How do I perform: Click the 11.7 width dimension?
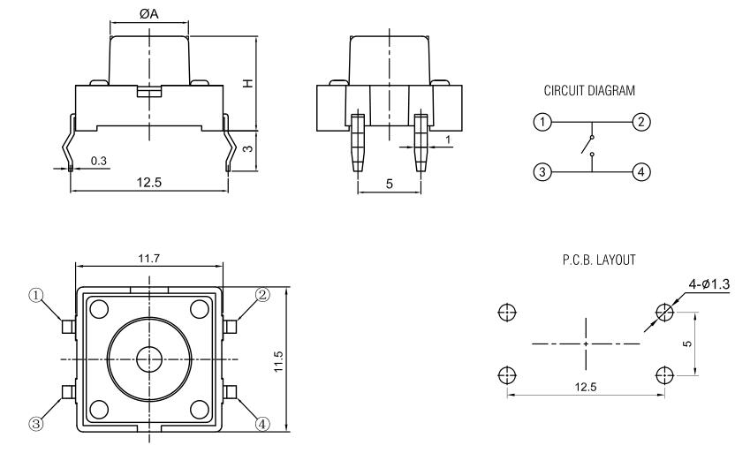148,257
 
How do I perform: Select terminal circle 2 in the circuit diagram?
642,121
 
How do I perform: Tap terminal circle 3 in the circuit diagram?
544,170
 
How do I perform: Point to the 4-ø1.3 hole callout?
708,283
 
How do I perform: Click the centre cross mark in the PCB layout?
586,342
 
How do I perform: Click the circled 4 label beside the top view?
261,423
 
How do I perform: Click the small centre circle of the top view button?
148,358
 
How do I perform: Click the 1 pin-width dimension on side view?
449,140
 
